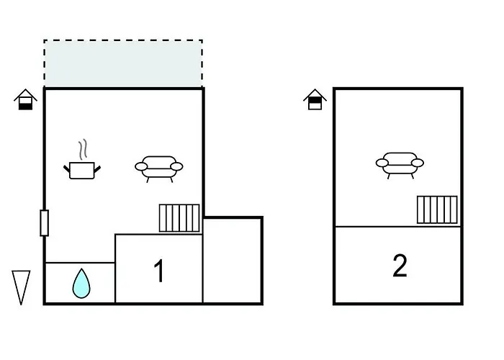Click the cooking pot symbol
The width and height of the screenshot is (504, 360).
pyautogui.click(x=83, y=170)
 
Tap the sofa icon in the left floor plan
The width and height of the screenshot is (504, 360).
pyautogui.click(x=158, y=167)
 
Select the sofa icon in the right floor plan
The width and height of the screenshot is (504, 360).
pyautogui.click(x=400, y=163)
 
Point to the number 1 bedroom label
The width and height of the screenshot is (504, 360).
pyautogui.click(x=159, y=271)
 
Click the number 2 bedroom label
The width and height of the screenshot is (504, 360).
pyautogui.click(x=400, y=266)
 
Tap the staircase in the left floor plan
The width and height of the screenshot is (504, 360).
pyautogui.click(x=179, y=217)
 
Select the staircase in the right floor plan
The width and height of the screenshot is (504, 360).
pyautogui.click(x=437, y=210)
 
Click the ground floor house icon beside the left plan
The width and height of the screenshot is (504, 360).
pyautogui.click(x=26, y=99)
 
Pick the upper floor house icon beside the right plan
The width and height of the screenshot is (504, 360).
pyautogui.click(x=315, y=99)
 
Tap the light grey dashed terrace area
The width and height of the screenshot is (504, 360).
pyautogui.click(x=123, y=63)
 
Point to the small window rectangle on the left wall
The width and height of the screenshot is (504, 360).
pyautogui.click(x=45, y=222)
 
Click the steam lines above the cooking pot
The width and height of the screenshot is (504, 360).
pyautogui.click(x=84, y=148)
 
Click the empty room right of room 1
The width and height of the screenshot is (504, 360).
pyautogui.click(x=233, y=259)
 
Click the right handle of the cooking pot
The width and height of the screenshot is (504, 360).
pyautogui.click(x=98, y=168)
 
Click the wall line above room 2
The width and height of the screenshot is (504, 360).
pyautogui.click(x=398, y=227)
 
